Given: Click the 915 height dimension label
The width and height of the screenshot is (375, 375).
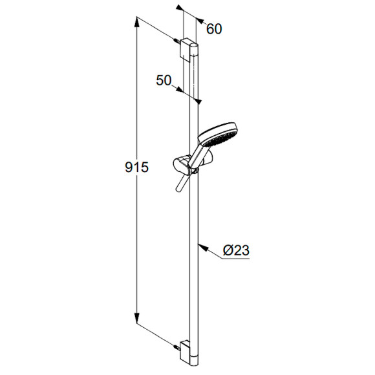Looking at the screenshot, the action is pos(137,167).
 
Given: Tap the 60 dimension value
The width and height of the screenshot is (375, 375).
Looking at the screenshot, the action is pos(214,29).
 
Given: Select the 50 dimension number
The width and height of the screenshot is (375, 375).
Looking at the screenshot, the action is pos(164,80).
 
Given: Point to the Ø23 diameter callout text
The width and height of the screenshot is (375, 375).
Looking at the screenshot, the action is pos(236,250).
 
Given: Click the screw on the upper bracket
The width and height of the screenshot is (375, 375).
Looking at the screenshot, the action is pos(177,41).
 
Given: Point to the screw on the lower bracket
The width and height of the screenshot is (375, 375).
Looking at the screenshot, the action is pos(177,346).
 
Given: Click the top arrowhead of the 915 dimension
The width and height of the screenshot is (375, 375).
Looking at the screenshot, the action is pos(136,22).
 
